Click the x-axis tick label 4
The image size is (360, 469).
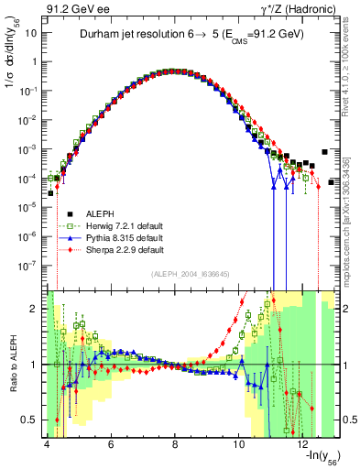tap(46, 444)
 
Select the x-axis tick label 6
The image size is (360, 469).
tap(110, 444)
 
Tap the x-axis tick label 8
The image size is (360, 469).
tap(175, 444)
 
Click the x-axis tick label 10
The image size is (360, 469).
tap(239, 444)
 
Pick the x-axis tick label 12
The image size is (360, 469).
tap(303, 444)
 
